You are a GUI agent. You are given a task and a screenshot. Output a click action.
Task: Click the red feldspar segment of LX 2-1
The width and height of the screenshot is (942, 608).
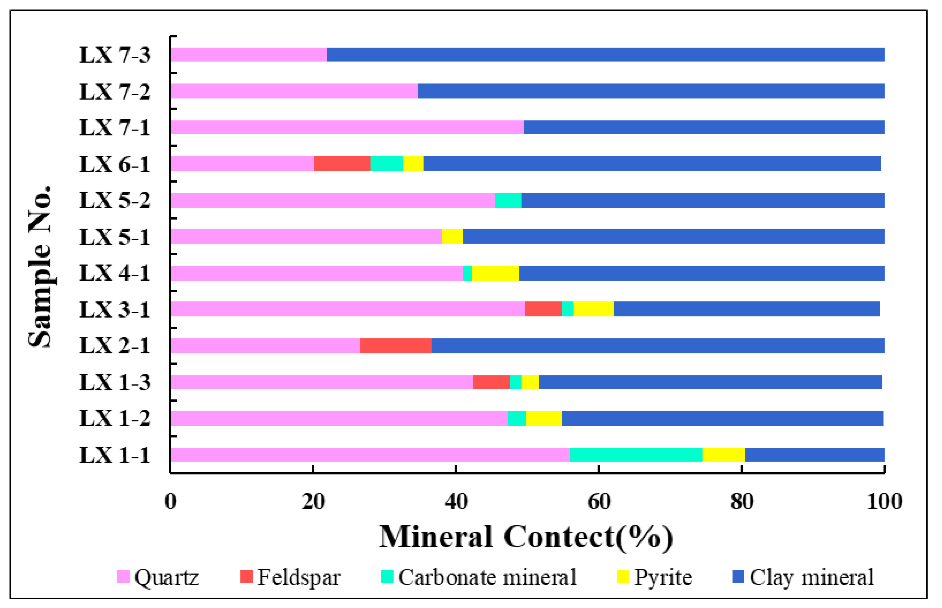click(x=396, y=346)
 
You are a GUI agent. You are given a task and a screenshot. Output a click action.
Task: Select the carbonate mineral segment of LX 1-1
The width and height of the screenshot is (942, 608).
click(x=636, y=455)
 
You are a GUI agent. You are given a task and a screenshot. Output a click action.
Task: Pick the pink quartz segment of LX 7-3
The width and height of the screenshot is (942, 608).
click(x=249, y=55)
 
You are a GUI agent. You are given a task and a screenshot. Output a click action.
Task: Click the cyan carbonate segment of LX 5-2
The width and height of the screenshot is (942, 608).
click(x=508, y=201)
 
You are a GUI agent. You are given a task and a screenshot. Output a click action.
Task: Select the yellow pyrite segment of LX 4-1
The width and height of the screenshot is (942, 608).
click(x=495, y=273)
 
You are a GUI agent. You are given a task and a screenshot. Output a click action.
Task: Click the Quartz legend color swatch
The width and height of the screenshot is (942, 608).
click(x=123, y=577)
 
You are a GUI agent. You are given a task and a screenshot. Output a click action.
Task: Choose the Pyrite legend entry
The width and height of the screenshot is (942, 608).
click(x=663, y=577)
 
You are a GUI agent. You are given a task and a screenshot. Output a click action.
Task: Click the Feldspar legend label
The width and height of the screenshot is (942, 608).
click(x=298, y=577)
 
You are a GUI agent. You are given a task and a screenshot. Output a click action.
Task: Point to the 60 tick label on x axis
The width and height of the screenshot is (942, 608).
click(x=599, y=502)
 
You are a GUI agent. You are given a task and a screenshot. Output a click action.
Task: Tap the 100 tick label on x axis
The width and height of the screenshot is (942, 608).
click(x=884, y=502)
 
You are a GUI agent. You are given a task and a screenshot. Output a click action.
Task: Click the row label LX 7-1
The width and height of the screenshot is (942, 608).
click(x=115, y=128)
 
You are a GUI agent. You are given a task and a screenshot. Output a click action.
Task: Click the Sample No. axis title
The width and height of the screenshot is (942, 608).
click(x=39, y=267)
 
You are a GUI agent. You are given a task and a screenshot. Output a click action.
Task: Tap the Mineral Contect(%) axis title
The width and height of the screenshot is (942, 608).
click(x=526, y=538)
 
